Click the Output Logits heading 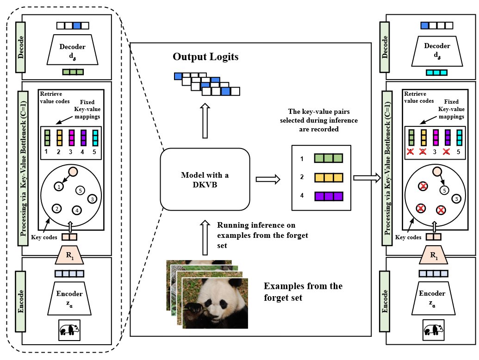[x=205, y=57]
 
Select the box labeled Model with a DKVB [x=205, y=180]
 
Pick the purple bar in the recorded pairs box [x=329, y=196]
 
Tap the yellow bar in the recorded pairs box [x=329, y=178]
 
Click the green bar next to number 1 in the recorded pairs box [x=329, y=158]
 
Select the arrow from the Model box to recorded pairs [x=268, y=179]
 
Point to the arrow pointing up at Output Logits [x=205, y=121]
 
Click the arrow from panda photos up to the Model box [x=205, y=237]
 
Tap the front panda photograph [x=215, y=303]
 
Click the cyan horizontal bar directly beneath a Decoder [x=436, y=73]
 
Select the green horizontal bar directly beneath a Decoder [x=73, y=72]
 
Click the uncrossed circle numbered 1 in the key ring [x=59, y=186]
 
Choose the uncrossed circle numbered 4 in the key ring [x=77, y=211]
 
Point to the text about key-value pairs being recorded [x=318, y=120]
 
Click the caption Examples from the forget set [x=303, y=292]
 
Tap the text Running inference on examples [x=262, y=235]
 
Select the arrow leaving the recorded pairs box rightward [x=367, y=178]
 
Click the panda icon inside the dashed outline [x=69, y=330]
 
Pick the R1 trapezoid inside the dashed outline [x=69, y=255]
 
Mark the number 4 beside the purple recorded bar [x=302, y=196]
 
